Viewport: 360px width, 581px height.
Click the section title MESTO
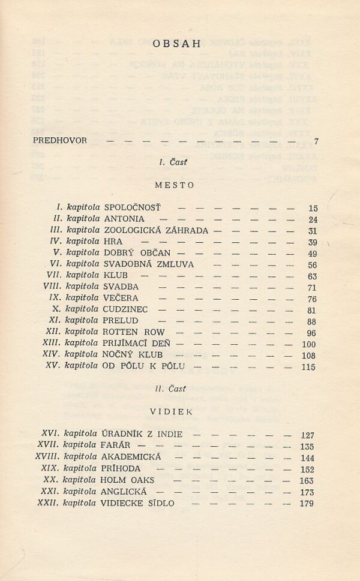174,185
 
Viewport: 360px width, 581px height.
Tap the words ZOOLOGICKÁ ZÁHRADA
156,231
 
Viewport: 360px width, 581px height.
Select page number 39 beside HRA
311,242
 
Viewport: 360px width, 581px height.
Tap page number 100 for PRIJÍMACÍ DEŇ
308,344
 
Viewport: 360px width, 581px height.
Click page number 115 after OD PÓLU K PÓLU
308,367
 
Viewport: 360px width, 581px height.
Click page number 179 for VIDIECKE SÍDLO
307,504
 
